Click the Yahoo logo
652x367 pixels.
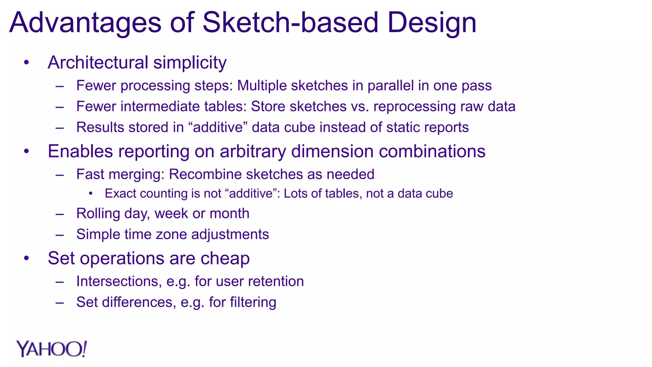(51, 349)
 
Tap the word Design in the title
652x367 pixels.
(431, 23)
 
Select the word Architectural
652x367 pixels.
(98, 62)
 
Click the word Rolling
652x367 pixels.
(98, 213)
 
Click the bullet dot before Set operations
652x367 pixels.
(26, 258)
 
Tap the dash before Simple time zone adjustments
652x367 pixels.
(60, 235)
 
